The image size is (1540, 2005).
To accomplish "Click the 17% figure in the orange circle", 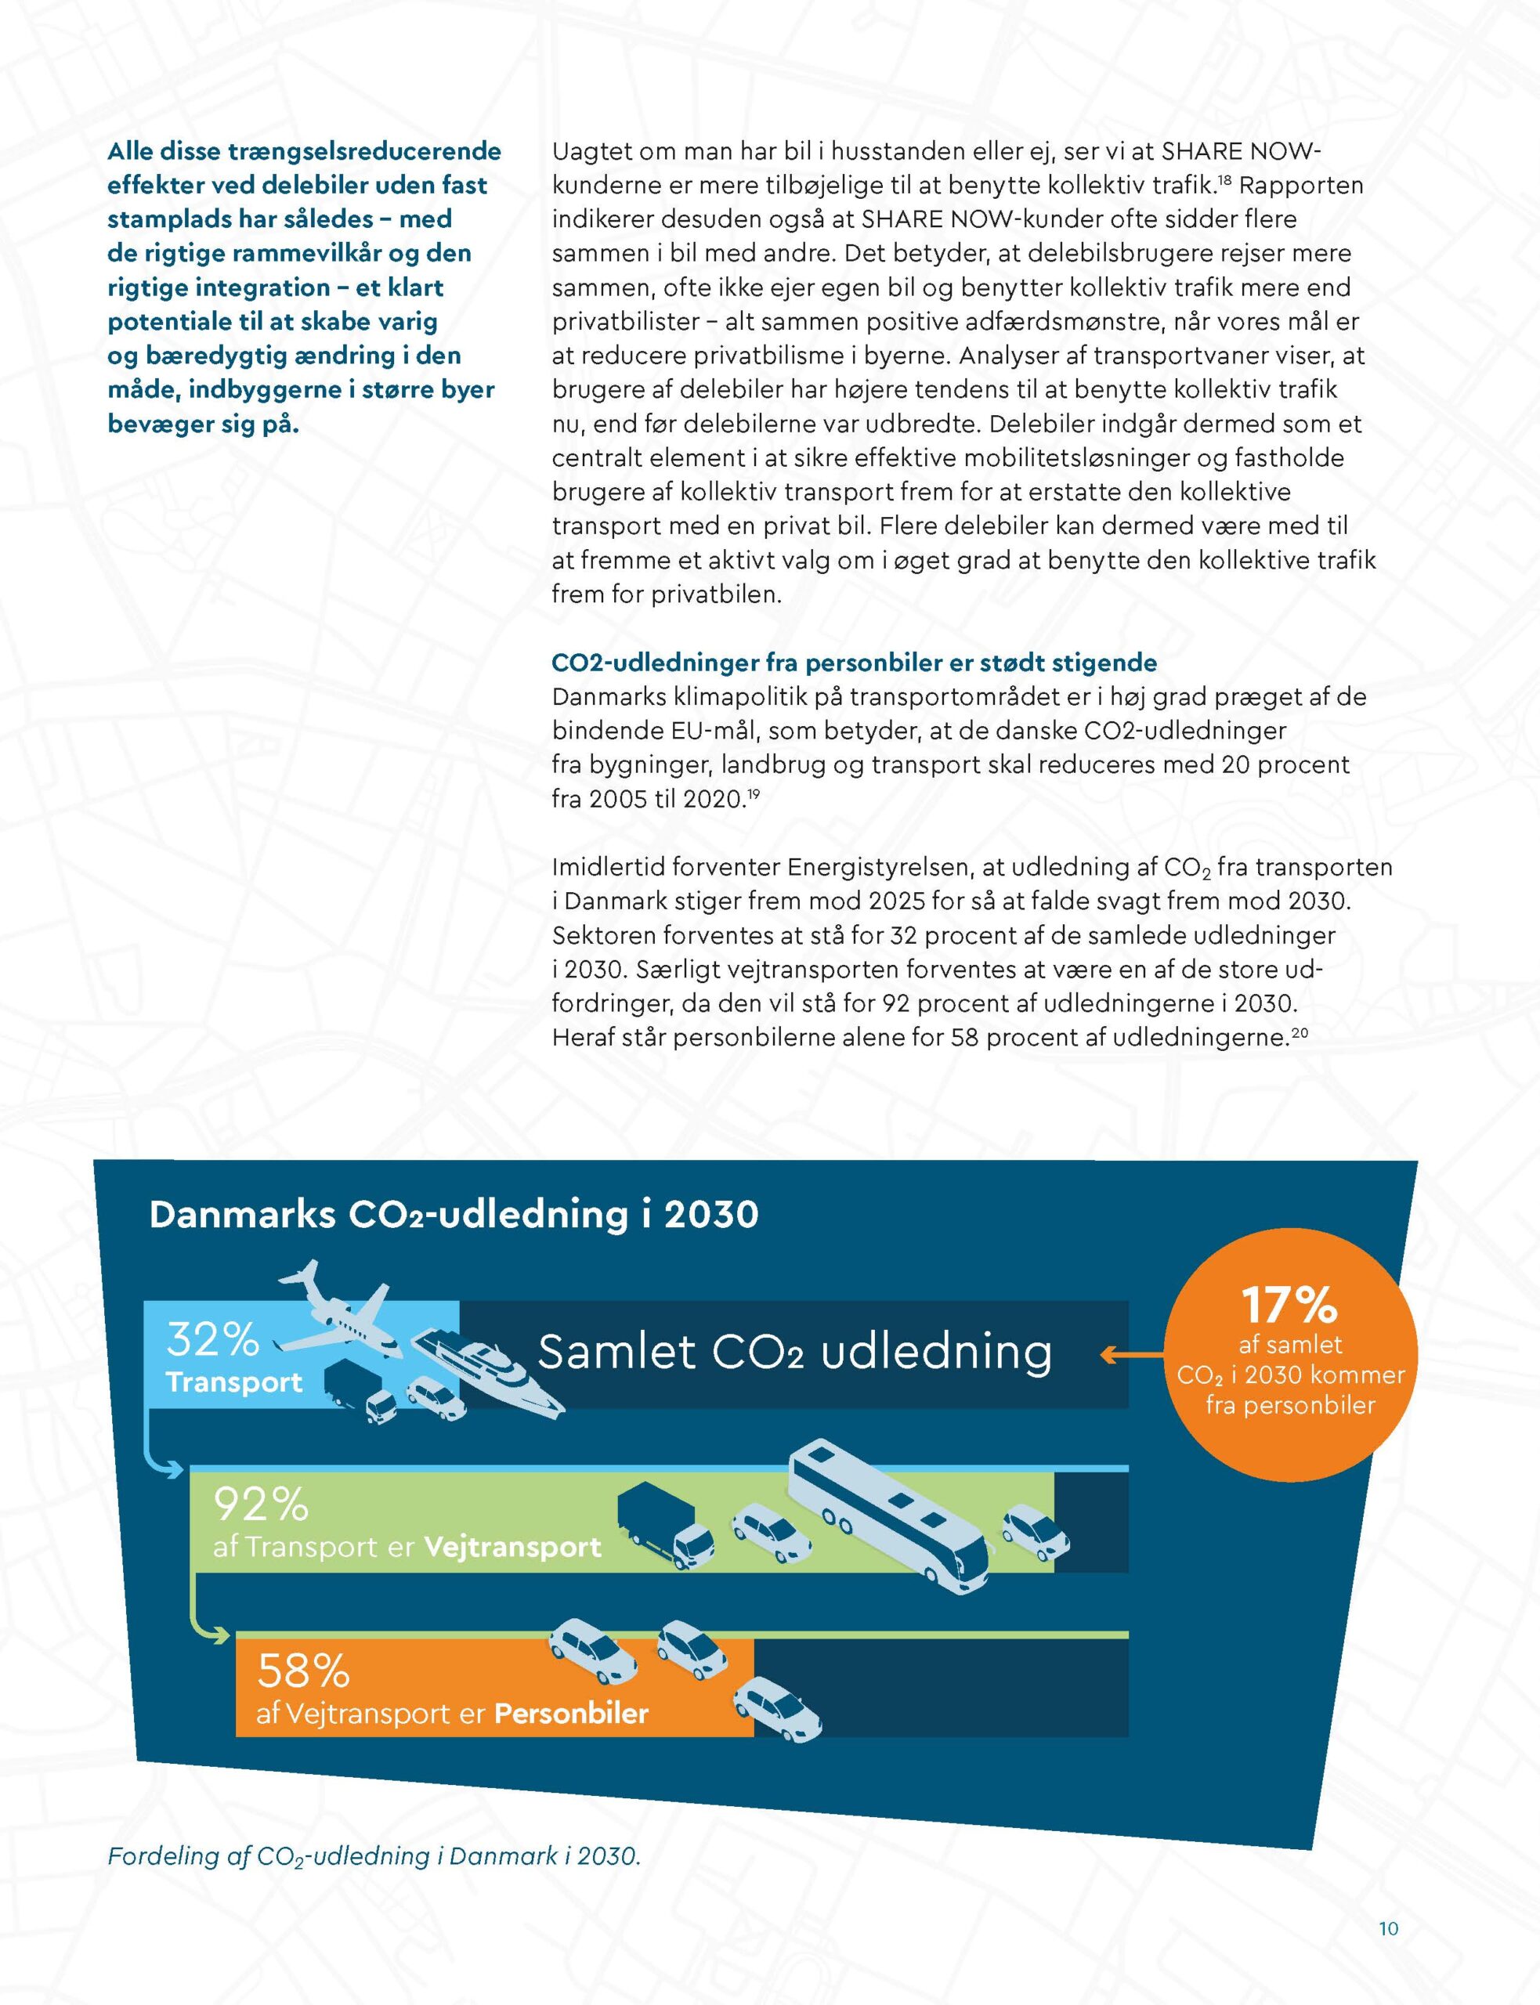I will [1289, 1305].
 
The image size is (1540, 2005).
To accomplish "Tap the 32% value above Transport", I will [212, 1340].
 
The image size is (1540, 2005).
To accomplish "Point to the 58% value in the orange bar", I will [303, 1671].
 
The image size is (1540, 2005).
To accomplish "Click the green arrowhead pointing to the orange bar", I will [220, 1635].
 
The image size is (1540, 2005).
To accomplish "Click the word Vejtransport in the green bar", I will [512, 1547].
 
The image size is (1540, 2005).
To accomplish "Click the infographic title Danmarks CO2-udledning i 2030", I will [454, 1215].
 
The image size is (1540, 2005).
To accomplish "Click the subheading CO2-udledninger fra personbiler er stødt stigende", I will [855, 663].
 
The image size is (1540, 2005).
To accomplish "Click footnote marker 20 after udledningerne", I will [1299, 1033].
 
